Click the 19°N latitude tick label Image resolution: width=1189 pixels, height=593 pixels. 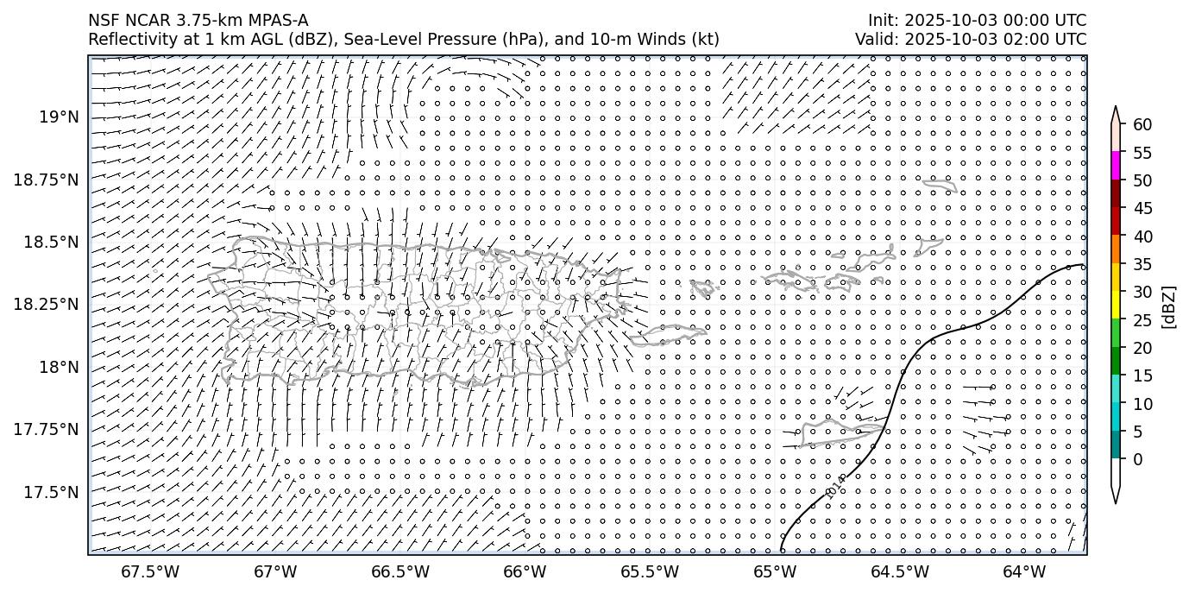pos(59,117)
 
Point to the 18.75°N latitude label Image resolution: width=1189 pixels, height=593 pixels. pos(47,180)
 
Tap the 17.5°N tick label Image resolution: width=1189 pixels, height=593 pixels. pos(52,492)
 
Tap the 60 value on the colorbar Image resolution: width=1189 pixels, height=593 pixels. pos(1142,125)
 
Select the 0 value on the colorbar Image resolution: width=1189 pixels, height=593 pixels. pos(1137,459)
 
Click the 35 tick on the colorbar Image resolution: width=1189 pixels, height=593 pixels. pos(1142,264)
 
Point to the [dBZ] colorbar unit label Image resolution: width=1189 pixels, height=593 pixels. pos(1169,306)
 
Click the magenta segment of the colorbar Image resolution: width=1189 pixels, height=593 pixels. pos(1116,166)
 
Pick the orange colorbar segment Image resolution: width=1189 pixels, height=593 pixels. pos(1116,249)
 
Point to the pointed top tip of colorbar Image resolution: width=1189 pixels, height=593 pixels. pos(1116,109)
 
